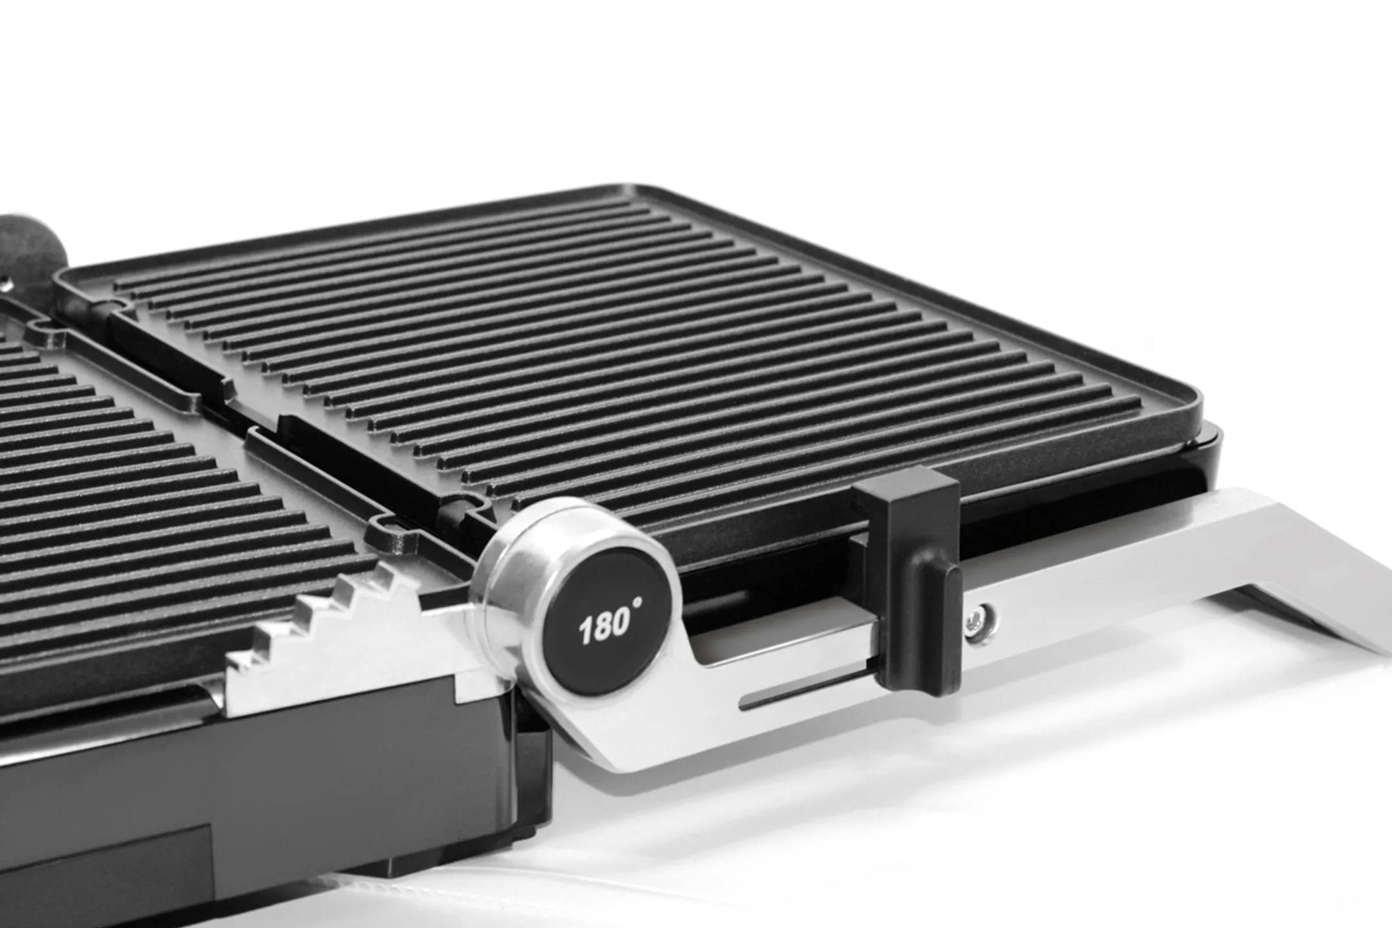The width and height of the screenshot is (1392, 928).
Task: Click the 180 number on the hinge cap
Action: tap(603, 625)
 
